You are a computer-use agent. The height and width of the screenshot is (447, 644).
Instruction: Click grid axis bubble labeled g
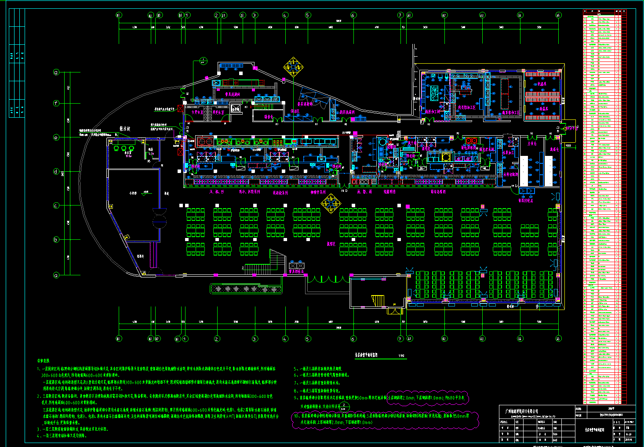tap(56, 72)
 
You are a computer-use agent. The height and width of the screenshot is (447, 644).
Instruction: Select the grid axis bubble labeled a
tap(56, 275)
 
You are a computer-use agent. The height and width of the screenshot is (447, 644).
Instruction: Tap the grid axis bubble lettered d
tap(56, 172)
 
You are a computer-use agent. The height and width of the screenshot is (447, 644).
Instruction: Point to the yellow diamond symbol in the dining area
tap(331, 203)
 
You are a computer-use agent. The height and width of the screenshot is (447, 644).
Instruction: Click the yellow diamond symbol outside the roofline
tap(293, 67)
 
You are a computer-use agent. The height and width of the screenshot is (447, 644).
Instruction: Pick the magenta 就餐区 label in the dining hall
tap(331, 243)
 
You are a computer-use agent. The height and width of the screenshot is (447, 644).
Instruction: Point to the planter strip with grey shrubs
tap(246, 289)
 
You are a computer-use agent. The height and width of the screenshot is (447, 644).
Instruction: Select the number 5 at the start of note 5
tap(295, 369)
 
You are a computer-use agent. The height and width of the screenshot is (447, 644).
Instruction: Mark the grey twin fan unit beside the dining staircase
tap(297, 265)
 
